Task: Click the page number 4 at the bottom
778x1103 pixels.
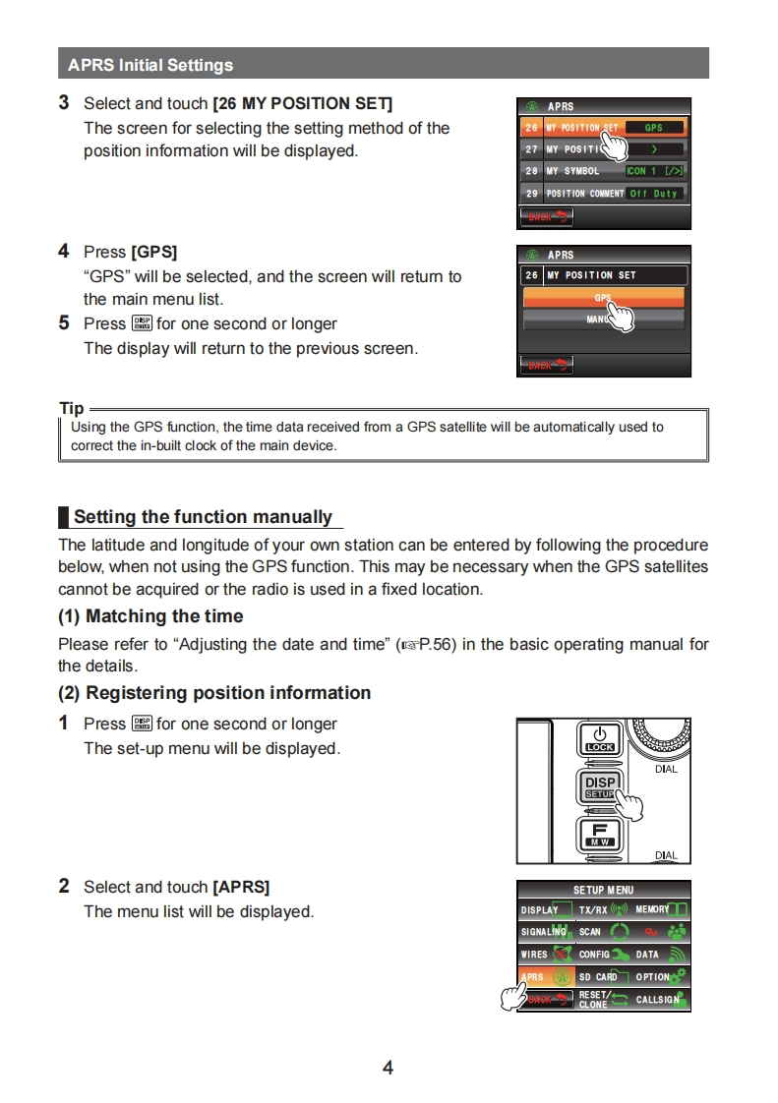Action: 388,1068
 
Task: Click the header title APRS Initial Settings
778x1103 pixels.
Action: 150,66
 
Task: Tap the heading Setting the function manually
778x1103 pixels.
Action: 203,517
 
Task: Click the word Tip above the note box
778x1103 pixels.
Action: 72,408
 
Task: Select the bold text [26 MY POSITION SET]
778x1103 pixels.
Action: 303,103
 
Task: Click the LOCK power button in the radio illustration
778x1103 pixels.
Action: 599,739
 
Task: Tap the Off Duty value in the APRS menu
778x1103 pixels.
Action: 654,194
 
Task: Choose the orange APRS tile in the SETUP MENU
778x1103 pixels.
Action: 546,977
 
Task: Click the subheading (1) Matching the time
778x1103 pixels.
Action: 150,616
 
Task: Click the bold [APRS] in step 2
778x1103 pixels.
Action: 241,887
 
